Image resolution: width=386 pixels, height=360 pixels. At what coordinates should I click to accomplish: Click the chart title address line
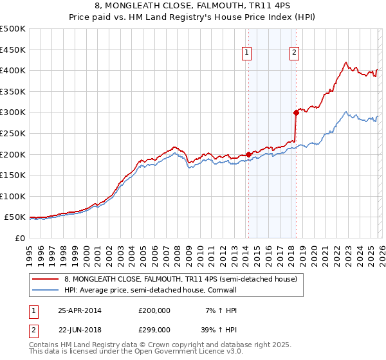pos(193,6)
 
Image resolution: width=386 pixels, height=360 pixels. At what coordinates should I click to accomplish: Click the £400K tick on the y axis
pos(13,70)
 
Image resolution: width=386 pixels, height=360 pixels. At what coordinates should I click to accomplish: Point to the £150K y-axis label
pos(13,175)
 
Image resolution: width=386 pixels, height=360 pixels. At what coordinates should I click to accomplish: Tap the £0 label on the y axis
pos(21,238)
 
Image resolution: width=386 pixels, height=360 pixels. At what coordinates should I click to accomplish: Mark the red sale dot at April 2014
pos(248,154)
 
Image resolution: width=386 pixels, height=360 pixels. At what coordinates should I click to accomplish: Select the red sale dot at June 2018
pos(296,113)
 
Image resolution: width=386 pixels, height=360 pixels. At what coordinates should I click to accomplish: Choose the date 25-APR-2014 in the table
pos(80,310)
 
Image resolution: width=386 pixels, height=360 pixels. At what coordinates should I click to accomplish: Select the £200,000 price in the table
pos(154,310)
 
